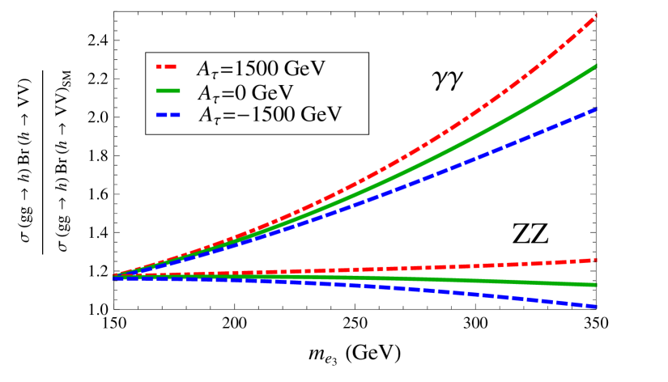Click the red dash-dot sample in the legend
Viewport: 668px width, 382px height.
pos(168,68)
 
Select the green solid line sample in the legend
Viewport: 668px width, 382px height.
pos(168,91)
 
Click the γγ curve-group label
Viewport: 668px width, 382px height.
pos(448,82)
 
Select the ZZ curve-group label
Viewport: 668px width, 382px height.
pos(530,233)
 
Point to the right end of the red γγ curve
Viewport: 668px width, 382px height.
pos(596,15)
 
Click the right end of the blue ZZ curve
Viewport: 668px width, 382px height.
pos(595,306)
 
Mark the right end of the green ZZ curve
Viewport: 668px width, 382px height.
pos(595,285)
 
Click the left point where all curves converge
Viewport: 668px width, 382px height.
pos(114,276)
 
